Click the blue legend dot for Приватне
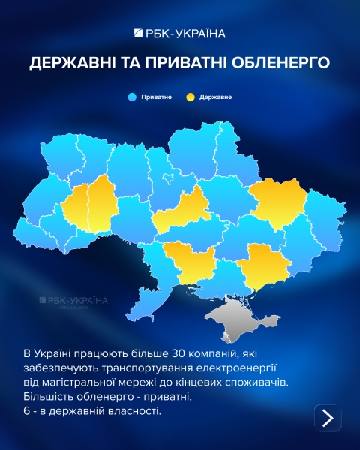pos(131,97)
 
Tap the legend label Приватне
pos(154,97)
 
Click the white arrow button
pos(327,418)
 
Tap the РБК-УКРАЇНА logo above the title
pos(179,33)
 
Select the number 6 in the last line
pos(27,412)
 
